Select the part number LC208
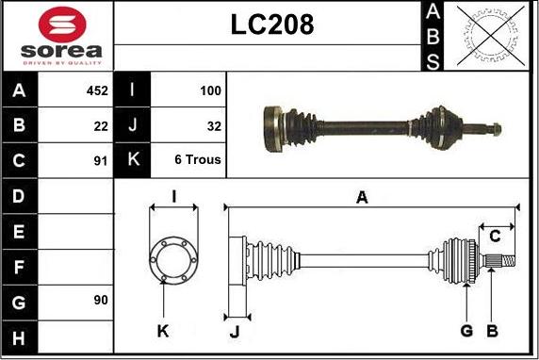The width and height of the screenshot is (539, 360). pos(272,25)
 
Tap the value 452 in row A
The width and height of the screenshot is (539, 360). pos(97,90)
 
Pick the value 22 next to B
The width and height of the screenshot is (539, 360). pos(101,124)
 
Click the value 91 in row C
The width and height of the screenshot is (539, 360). pos(101,159)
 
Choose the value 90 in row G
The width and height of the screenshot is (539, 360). pos(101,300)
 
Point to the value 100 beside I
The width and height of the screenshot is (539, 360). pos(210,90)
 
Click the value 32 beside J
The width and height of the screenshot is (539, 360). pos(214,124)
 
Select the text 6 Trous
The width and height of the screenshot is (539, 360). pos(198,159)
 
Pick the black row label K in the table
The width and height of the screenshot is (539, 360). pos(132,159)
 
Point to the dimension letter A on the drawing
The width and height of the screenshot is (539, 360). pos(362,196)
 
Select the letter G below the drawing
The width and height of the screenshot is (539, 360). pos(465,330)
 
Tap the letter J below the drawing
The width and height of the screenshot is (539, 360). pos(235,330)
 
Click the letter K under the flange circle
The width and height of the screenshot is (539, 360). pos(162,331)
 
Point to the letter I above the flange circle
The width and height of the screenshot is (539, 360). pos(173,196)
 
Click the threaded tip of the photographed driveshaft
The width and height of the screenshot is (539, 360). pos(495,128)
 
